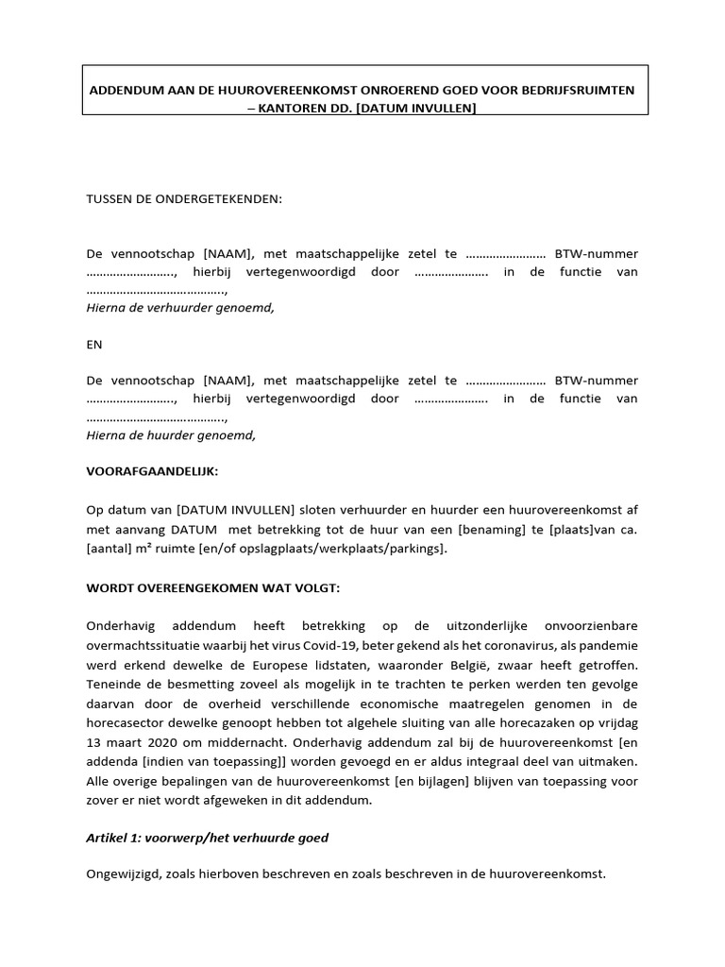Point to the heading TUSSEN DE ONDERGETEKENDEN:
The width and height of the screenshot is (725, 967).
[184, 199]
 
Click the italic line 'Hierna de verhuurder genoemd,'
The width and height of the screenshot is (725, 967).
[180, 308]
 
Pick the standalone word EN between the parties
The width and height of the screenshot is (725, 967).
[94, 345]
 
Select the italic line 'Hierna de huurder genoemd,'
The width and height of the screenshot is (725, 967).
[171, 435]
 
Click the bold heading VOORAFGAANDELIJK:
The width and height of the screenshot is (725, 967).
[152, 471]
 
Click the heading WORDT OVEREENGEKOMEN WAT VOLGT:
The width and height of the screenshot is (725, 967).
[212, 588]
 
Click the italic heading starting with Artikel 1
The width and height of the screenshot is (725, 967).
[207, 838]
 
